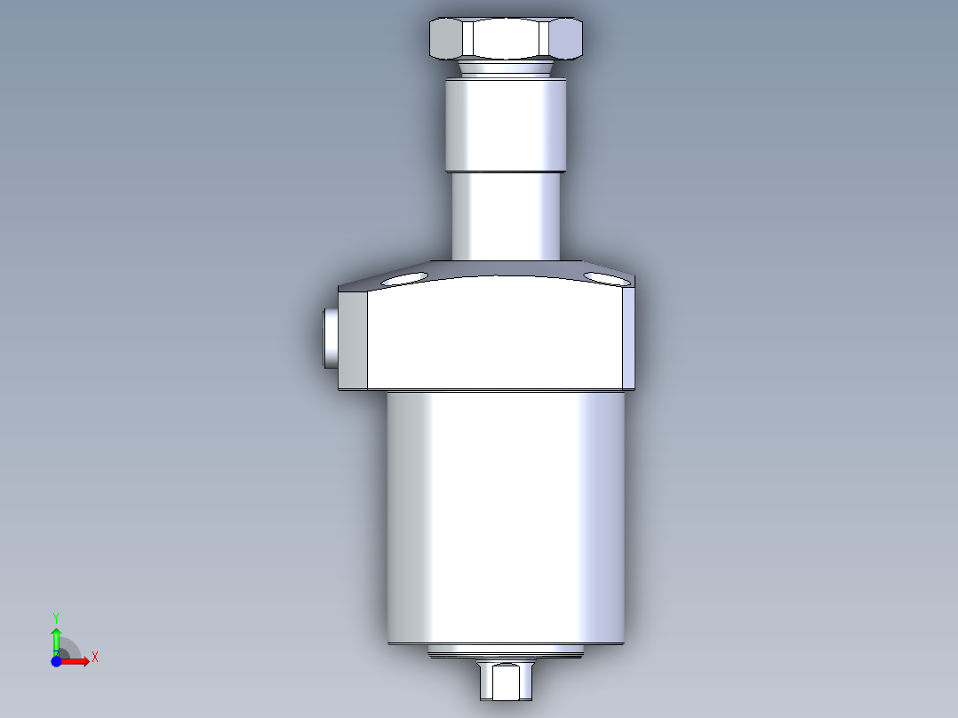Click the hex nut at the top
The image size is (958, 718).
tap(506, 38)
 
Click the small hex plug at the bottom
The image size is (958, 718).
tap(506, 680)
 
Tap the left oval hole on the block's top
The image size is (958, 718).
tap(404, 279)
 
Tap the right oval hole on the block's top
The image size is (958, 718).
tap(606, 279)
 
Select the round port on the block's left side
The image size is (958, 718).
tap(331, 338)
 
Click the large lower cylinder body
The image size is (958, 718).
tap(506, 517)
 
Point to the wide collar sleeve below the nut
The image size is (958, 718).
tap(506, 125)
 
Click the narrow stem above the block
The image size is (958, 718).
tap(506, 216)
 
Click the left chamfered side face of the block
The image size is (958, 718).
tap(353, 339)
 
